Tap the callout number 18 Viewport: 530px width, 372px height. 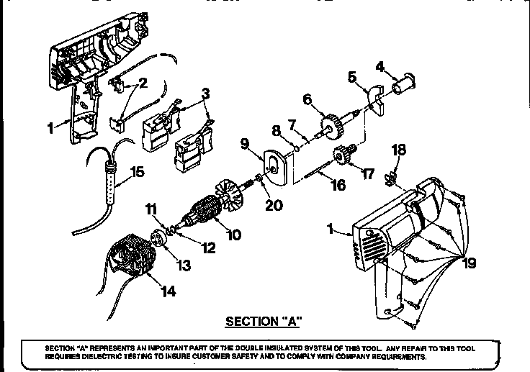[398, 150]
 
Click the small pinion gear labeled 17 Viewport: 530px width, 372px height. [344, 156]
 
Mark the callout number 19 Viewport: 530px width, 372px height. [470, 264]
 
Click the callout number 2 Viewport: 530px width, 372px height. [143, 83]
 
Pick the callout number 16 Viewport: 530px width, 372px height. [338, 186]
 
